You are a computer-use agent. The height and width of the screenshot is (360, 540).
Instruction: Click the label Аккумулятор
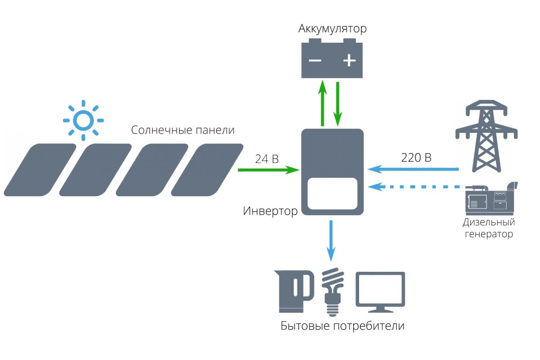(x=332, y=29)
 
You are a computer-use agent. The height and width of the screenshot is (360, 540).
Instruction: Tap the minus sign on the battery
(x=315, y=61)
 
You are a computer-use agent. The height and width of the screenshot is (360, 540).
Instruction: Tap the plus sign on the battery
(x=349, y=61)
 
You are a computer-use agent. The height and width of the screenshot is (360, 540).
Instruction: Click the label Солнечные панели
(x=183, y=130)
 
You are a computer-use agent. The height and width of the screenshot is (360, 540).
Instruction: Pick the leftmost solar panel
(x=40, y=170)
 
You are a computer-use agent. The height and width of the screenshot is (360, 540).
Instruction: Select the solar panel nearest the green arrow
(x=207, y=170)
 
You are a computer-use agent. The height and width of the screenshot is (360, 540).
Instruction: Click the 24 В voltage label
(x=267, y=158)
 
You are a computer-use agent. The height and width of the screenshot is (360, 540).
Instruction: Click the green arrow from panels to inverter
(x=268, y=170)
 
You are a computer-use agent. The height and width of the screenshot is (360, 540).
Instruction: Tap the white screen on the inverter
(x=332, y=193)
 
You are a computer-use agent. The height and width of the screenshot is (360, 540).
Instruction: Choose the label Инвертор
(x=270, y=211)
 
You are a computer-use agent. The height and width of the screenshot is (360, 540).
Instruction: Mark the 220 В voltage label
(x=416, y=158)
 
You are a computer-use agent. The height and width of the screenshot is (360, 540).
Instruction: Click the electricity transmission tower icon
(x=485, y=135)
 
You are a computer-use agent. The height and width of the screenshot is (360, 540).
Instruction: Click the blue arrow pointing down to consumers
(x=332, y=241)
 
